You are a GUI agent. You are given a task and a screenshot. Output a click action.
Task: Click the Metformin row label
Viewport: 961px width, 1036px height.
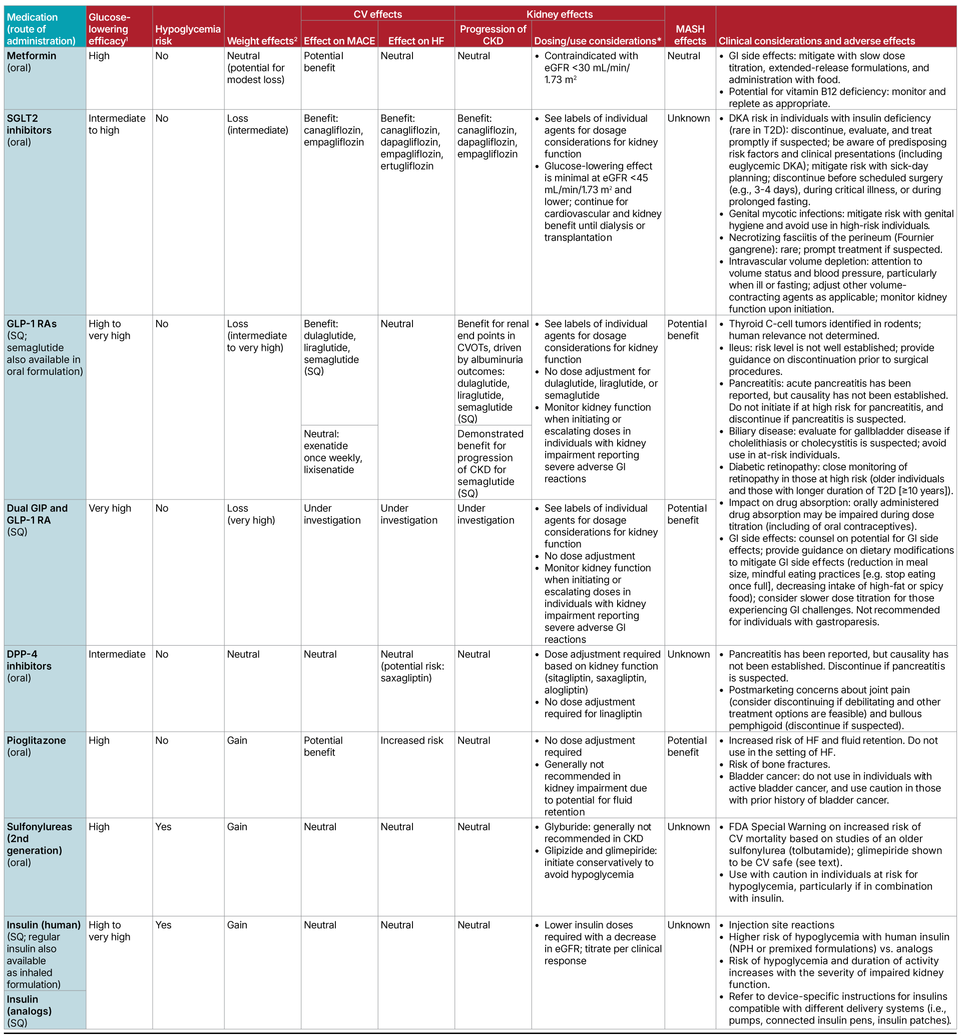click(32, 56)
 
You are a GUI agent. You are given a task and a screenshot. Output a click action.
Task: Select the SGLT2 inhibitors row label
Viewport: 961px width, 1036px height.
click(29, 124)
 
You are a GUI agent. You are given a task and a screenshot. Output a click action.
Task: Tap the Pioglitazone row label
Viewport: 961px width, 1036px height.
click(37, 741)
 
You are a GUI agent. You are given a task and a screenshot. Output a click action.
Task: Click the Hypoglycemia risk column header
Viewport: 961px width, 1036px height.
click(188, 35)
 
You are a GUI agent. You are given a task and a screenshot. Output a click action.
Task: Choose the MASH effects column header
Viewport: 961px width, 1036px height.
click(690, 35)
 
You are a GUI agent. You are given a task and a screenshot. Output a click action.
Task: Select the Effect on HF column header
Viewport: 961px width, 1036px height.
click(416, 41)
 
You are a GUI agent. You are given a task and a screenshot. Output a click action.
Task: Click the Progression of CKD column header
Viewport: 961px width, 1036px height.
click(493, 35)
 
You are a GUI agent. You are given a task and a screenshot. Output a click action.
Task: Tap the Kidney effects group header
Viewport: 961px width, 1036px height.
click(560, 14)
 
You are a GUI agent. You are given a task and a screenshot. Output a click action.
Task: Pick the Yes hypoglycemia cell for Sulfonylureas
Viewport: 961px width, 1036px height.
click(163, 827)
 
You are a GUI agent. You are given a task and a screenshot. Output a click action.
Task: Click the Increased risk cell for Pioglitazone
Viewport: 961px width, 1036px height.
click(412, 741)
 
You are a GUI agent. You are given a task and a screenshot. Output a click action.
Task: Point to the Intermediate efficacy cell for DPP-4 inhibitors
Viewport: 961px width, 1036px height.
click(117, 655)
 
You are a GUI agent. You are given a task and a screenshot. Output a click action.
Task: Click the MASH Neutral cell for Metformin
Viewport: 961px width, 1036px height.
click(684, 56)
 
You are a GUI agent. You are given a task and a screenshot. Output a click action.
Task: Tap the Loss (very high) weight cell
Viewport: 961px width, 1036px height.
click(251, 514)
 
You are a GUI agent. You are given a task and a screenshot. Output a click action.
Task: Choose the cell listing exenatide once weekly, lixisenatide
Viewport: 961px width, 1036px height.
click(333, 452)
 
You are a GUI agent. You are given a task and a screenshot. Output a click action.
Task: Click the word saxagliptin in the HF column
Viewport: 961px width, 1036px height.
click(406, 678)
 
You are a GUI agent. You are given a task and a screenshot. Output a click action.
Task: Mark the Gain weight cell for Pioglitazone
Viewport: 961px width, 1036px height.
click(237, 741)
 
